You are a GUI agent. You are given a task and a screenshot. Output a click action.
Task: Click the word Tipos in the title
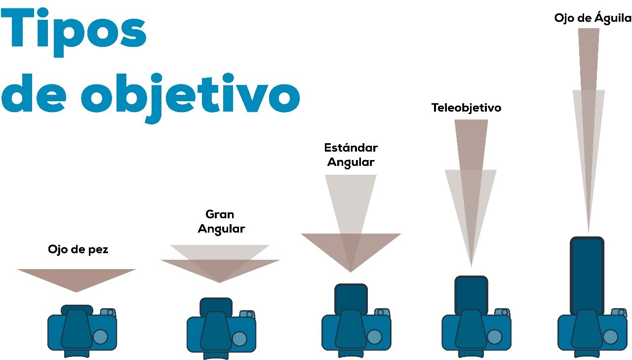point(74,32)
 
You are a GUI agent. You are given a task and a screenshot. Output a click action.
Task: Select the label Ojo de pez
point(78,249)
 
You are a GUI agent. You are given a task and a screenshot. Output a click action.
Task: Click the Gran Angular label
point(221,222)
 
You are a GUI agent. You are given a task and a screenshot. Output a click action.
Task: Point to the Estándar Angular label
point(351,155)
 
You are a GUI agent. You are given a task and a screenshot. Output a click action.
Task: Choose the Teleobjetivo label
point(466,108)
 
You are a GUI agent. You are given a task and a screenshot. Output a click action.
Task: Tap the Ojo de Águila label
point(592,18)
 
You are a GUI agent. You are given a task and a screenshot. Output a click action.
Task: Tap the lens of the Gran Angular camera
point(216,305)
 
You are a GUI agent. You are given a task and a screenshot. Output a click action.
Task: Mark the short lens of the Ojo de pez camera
point(77,309)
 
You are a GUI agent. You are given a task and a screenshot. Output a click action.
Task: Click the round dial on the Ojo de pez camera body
point(100,337)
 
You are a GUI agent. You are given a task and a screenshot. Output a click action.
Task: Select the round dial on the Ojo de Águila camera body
point(610,337)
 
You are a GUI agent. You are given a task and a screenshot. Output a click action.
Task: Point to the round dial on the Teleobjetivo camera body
point(494,337)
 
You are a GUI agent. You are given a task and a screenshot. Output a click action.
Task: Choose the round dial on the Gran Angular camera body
point(239,339)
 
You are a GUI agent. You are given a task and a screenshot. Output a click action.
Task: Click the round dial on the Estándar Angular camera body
point(375,337)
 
